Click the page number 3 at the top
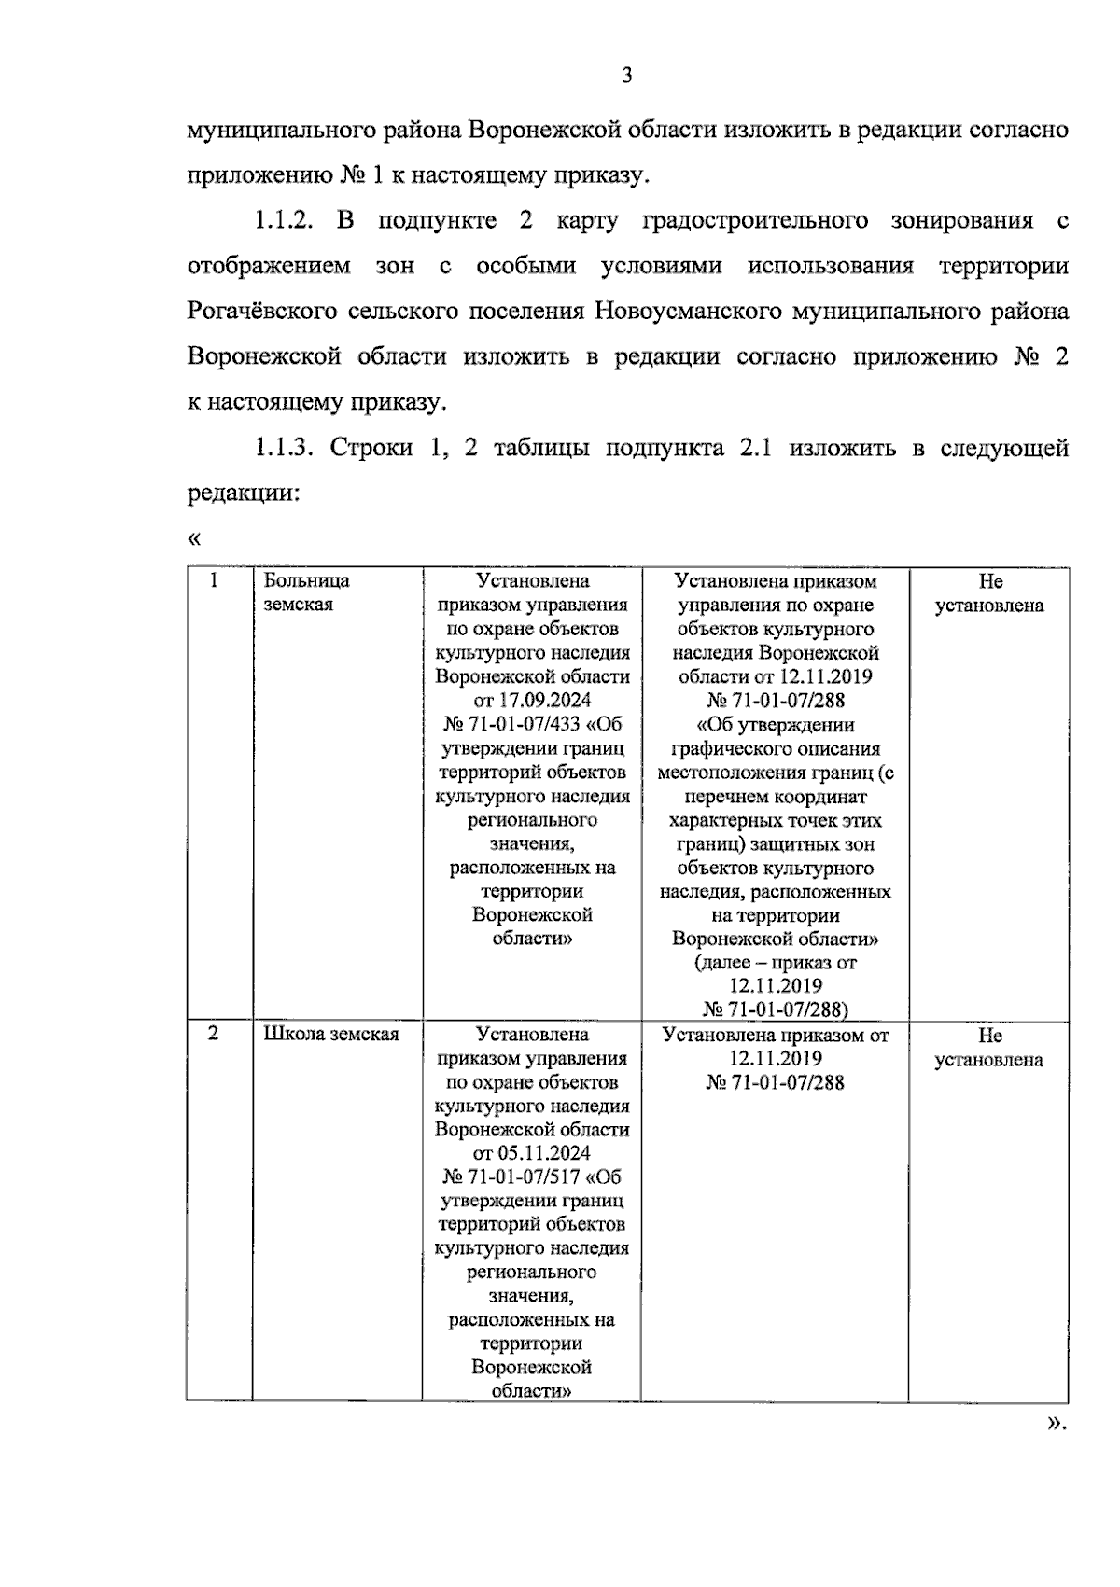(626, 76)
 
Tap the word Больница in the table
(306, 581)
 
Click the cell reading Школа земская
(331, 1035)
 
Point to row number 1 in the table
(215, 580)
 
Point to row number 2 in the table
(214, 1034)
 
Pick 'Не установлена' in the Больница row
(989, 593)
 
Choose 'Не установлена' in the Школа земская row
(989, 1047)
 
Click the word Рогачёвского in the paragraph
(261, 311)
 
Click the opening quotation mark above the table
(194, 539)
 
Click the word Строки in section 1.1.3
(371, 448)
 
